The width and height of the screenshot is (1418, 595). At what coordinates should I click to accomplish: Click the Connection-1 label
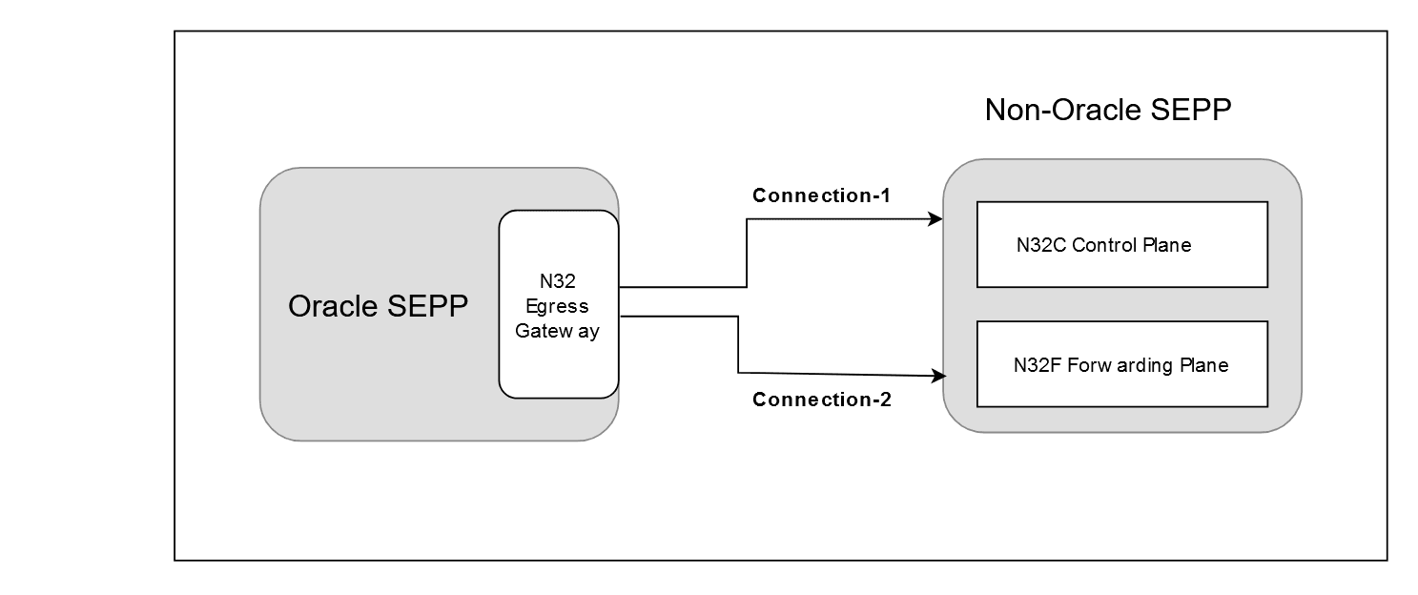click(x=821, y=196)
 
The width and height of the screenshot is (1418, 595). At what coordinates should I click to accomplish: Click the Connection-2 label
click(x=821, y=400)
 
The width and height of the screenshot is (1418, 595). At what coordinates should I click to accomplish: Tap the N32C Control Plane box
click(x=1121, y=245)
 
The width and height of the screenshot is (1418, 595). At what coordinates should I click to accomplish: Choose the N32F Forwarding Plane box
click(x=1121, y=364)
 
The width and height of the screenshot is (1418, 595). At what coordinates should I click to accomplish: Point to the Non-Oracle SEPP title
click(x=1108, y=110)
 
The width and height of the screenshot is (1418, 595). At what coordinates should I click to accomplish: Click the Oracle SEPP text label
click(x=378, y=306)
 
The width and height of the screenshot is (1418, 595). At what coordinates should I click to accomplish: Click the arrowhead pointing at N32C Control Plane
click(x=936, y=219)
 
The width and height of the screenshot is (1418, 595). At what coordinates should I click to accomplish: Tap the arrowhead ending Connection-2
click(x=936, y=376)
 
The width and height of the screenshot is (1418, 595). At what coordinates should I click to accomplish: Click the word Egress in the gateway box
click(x=558, y=306)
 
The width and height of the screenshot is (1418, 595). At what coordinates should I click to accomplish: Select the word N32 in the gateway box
click(x=558, y=281)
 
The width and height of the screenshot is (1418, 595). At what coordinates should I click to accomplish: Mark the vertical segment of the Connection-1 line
click(x=746, y=253)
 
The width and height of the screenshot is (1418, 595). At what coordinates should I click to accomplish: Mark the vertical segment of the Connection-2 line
click(x=738, y=344)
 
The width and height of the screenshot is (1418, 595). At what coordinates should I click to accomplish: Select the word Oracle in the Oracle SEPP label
click(x=335, y=306)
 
